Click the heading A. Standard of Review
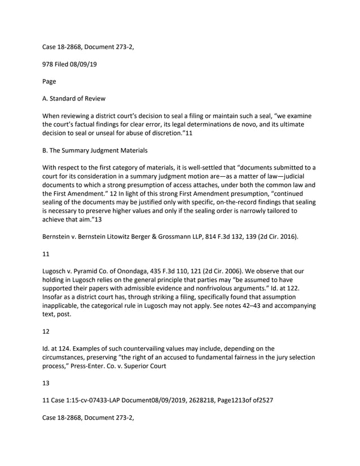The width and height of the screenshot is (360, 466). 74,98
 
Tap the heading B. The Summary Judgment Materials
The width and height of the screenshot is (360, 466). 94,149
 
